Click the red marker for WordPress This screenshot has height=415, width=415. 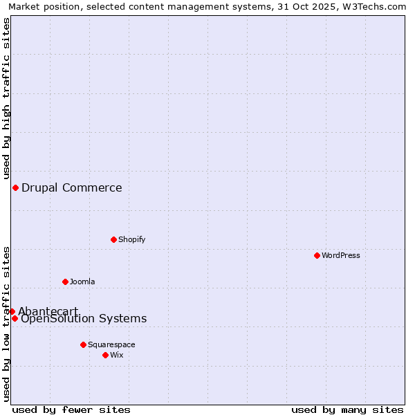coord(317,255)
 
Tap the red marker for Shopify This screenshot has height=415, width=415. coord(113,239)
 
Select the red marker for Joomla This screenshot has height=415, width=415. coord(65,282)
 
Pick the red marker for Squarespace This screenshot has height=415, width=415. coord(83,344)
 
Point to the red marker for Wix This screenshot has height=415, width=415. coord(105,355)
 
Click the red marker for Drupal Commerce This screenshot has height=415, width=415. coord(15,187)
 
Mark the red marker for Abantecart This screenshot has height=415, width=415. coord(12,311)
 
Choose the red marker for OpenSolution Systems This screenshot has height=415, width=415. coord(15,318)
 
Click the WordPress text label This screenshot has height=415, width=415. coord(341,255)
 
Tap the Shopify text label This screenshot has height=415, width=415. coord(131,239)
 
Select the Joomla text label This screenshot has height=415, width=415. coord(82,282)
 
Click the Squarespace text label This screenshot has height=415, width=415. coord(111,344)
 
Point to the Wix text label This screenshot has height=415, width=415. coord(116,355)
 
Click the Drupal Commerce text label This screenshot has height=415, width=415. coord(72,187)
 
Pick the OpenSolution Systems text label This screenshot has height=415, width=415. coord(84,318)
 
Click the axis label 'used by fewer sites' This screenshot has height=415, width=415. coord(71,409)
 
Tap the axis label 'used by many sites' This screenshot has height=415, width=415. coord(347,409)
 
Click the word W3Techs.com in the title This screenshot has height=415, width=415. coord(374,6)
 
